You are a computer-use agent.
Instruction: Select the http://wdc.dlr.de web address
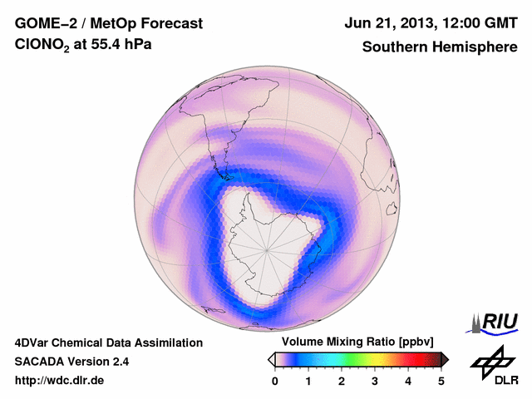coord(60,381)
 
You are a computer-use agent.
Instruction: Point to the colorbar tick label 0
coord(275,381)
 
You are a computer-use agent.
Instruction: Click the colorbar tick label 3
coord(375,381)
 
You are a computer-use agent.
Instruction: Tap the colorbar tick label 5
coord(441,381)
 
